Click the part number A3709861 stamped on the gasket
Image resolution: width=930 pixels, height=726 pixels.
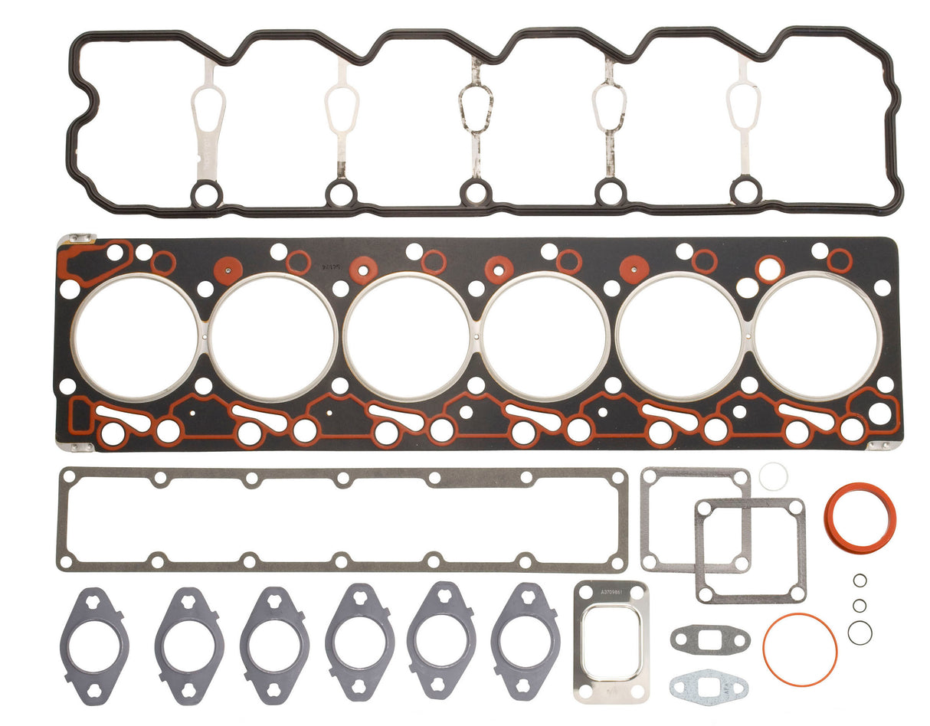[611, 592]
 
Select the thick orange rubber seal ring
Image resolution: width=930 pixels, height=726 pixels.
[860, 516]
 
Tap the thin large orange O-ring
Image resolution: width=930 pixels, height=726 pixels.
[800, 649]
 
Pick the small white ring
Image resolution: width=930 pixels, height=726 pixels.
[773, 476]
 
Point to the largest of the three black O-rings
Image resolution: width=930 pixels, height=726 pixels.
[860, 632]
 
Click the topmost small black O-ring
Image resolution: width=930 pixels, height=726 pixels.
[860, 580]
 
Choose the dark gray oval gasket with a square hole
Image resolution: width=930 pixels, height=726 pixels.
[709, 637]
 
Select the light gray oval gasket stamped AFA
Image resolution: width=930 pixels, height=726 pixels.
[708, 685]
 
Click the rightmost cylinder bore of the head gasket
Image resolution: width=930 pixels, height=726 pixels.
[817, 337]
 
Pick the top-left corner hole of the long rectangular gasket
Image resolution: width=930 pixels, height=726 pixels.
[68, 476]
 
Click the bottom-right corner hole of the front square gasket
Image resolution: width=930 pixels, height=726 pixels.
[797, 593]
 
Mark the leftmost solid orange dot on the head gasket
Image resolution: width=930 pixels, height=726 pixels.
[228, 270]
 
